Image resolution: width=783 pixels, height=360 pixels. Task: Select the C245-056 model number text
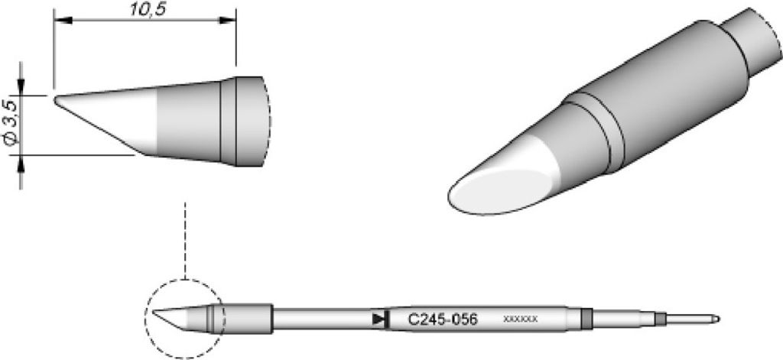[443, 319]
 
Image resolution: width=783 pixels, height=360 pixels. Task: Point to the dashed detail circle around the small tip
[145, 319]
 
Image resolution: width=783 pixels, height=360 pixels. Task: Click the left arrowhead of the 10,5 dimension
[63, 21]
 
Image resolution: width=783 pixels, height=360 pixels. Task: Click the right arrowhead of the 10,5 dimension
[226, 21]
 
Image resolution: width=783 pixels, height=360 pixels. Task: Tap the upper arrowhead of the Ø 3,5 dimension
[21, 86]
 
